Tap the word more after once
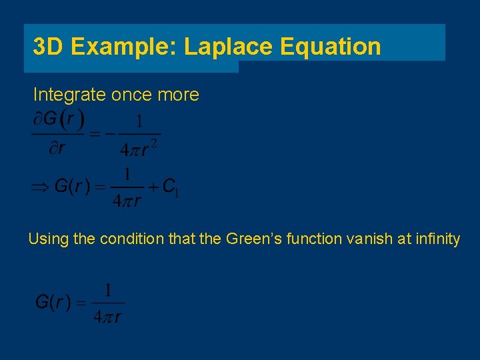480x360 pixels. coord(178,95)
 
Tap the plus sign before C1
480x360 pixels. coord(153,187)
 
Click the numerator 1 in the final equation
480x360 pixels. coord(107,291)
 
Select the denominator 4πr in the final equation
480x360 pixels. coord(107,317)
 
